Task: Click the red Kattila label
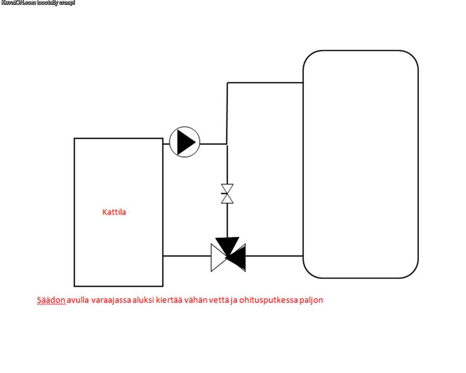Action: click(x=114, y=212)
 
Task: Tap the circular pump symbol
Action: click(x=185, y=143)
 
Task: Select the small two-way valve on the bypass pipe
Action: click(x=227, y=194)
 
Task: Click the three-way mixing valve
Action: click(x=228, y=255)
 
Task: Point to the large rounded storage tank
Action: click(x=360, y=164)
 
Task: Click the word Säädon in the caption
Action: click(x=51, y=300)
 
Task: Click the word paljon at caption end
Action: click(x=311, y=301)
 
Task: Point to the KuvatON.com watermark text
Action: click(x=38, y=3)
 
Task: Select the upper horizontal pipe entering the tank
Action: click(x=265, y=83)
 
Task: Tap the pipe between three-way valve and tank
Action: click(x=274, y=256)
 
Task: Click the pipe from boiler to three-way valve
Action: click(x=187, y=256)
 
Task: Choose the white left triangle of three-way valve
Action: click(x=217, y=258)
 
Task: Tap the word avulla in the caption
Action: click(x=79, y=300)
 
